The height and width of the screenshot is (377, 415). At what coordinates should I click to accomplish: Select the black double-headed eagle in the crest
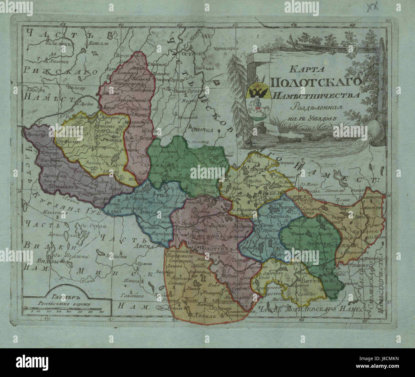click(259, 92)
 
